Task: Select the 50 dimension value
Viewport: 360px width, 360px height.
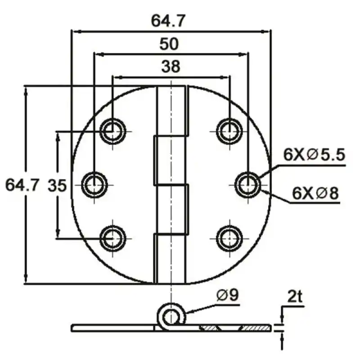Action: (169, 44)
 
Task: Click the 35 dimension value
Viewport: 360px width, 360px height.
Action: (58, 185)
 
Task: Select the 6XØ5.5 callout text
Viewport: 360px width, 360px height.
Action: (314, 155)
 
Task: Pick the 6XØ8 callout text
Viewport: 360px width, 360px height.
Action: (315, 193)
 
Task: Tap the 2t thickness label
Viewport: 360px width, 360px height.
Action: (295, 297)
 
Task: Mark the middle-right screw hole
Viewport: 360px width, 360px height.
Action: (248, 185)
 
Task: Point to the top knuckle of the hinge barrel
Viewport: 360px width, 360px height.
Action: (171, 110)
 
